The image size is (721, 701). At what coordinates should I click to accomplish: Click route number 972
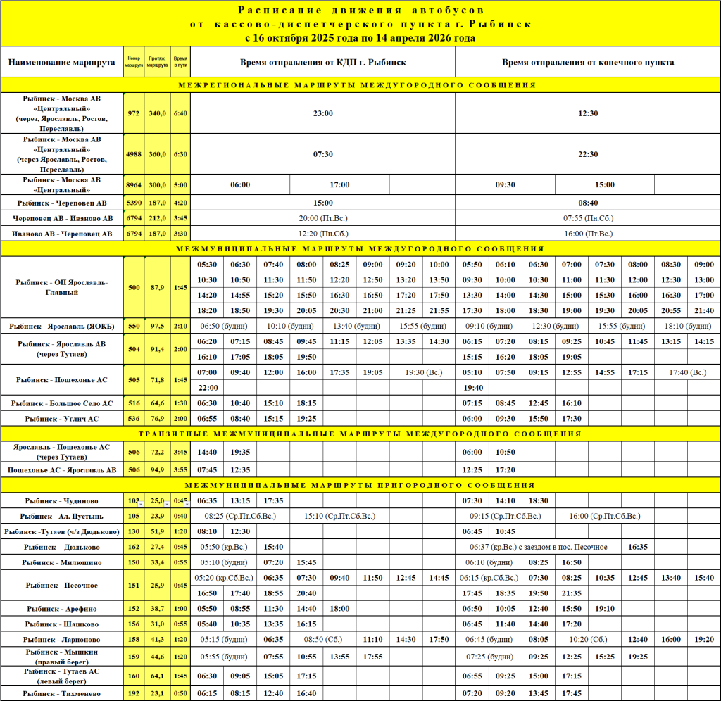(134, 113)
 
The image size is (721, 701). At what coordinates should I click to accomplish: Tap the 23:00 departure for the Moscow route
(323, 113)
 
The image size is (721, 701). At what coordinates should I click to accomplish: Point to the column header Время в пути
(180, 62)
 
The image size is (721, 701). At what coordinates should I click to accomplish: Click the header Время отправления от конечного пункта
(588, 62)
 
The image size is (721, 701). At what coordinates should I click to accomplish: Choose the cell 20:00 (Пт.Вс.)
(323, 218)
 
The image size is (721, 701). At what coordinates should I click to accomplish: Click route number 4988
(134, 154)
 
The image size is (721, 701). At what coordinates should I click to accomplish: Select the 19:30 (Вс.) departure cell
(423, 372)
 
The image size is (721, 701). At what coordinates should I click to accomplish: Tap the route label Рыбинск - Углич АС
(62, 418)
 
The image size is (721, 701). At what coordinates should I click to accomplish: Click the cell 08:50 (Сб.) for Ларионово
(323, 639)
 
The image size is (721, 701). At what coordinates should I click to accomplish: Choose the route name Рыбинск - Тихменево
(62, 693)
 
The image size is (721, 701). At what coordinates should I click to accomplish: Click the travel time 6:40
(180, 113)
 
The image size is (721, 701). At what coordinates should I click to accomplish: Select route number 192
(134, 693)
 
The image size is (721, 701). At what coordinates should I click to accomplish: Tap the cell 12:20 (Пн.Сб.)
(323, 233)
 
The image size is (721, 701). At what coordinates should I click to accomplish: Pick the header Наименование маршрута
(62, 62)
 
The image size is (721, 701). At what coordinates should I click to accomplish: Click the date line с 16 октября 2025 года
(360, 38)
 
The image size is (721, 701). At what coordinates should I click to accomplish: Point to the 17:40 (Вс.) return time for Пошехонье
(687, 372)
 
